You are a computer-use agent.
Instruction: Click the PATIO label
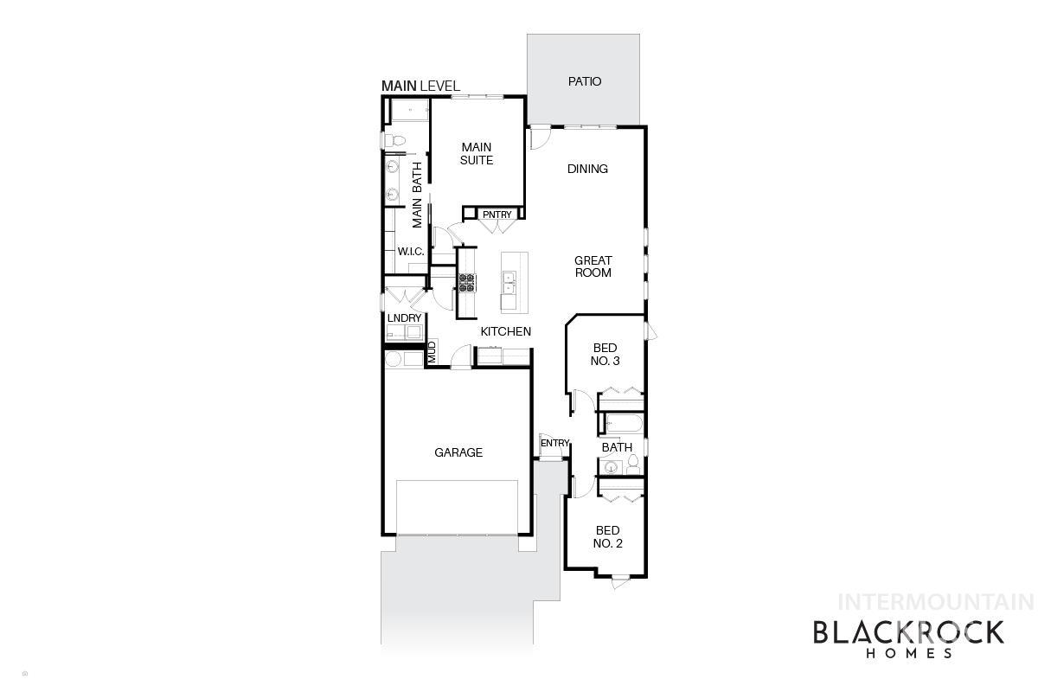coord(584,82)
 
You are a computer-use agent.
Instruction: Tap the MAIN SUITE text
coord(477,154)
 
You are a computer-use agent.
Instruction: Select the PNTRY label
coord(497,215)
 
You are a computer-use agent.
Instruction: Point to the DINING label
coord(587,169)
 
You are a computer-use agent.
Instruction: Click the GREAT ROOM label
coord(593,266)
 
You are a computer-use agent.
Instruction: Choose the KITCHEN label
coord(505,331)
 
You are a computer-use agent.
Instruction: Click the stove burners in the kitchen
coord(467,283)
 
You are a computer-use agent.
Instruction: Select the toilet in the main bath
coord(391,139)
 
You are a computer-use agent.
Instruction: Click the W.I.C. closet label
coord(409,251)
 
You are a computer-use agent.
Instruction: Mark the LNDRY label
coord(404,318)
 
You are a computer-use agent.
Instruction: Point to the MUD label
coord(431,352)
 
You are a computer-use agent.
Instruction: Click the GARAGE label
coord(458,452)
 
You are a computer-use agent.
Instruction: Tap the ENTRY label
coord(554,444)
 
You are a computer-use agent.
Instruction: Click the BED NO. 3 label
coord(605,355)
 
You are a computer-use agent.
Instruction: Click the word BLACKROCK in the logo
coord(908,632)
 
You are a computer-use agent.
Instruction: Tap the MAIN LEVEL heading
coord(420,86)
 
